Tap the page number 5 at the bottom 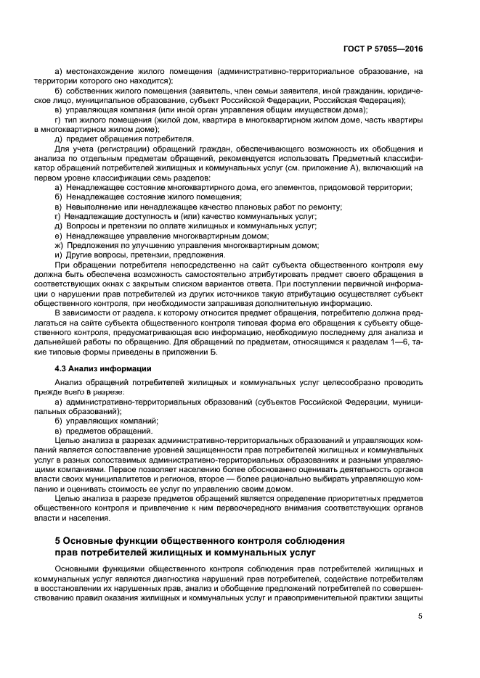420,617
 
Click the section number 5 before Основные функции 59,541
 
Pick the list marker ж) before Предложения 59,245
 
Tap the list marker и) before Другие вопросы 59,255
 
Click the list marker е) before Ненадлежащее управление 59,236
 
